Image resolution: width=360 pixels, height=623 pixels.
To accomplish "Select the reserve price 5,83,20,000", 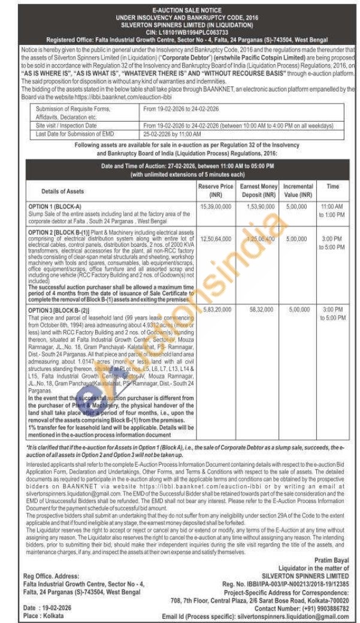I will (215, 310).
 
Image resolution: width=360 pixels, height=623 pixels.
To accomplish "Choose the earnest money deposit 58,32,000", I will (258, 310).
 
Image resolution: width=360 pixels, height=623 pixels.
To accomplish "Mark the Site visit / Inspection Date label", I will (66, 126).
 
